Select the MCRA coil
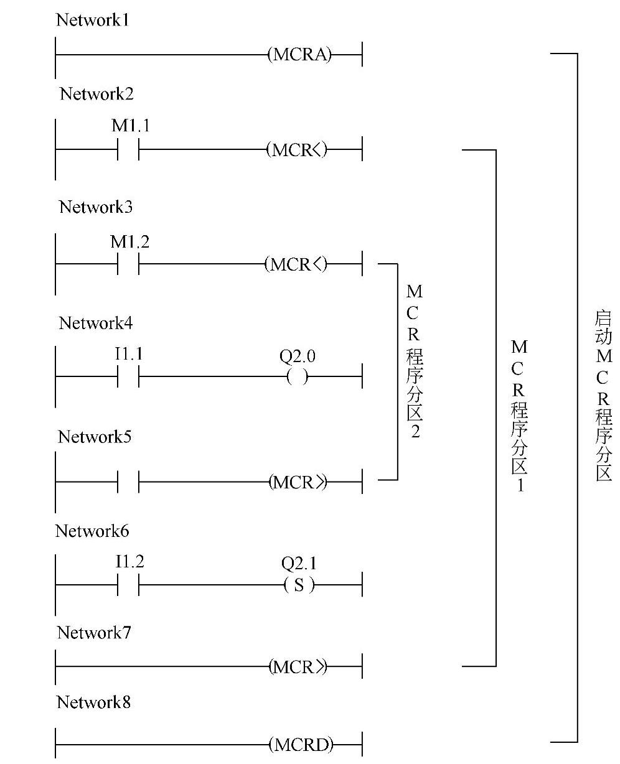tap(299, 55)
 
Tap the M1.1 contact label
tap(130, 126)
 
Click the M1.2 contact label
tap(129, 242)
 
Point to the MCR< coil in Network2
tap(297, 150)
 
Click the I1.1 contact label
tap(129, 355)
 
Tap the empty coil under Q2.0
tap(298, 377)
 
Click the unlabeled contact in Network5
tap(128, 482)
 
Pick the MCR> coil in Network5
tap(298, 482)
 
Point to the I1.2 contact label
tap(129, 563)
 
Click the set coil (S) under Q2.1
tap(299, 585)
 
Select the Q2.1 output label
tap(299, 564)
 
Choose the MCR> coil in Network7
tap(298, 668)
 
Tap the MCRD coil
tap(301, 744)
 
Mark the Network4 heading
tap(96, 323)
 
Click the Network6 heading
tap(92, 531)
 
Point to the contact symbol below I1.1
tap(128, 377)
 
